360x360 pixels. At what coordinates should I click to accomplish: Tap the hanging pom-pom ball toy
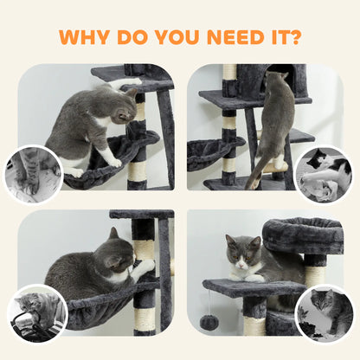(x=209, y=320)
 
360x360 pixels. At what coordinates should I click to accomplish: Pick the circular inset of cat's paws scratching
(x=34, y=174)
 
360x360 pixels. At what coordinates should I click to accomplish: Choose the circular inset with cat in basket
(x=37, y=312)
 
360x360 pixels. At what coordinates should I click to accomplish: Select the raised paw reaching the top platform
(x=130, y=84)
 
